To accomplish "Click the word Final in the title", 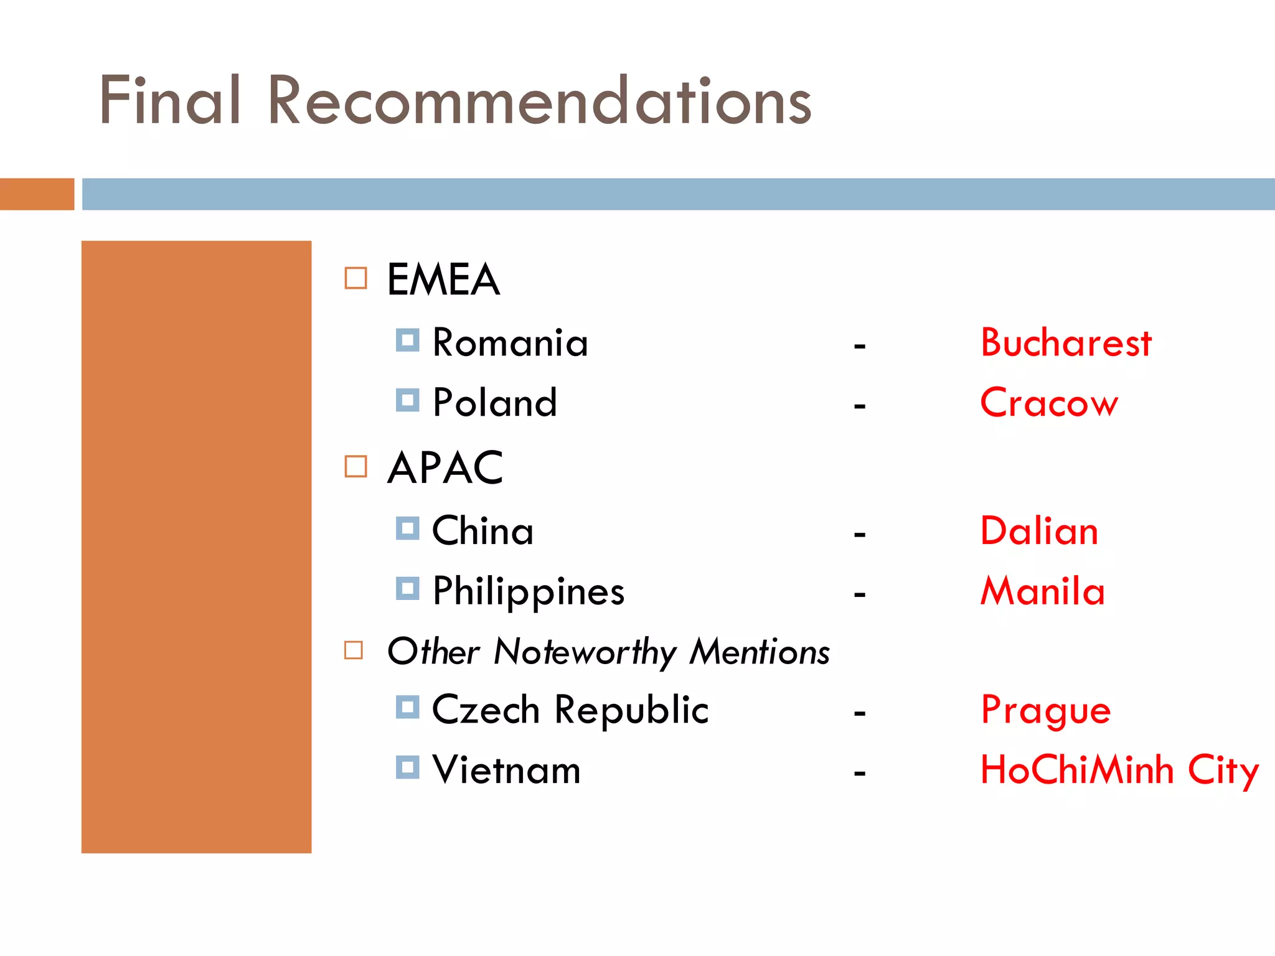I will point(170,100).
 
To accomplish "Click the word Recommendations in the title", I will point(539,100).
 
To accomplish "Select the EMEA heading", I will point(443,279).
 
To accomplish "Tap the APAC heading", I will point(445,467).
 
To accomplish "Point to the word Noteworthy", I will point(585,652).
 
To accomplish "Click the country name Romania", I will point(510,343).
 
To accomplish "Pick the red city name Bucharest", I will point(1066,343).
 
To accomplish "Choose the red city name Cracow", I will point(1049,403).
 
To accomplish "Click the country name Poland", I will point(495,403).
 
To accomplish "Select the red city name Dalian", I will point(1039,532).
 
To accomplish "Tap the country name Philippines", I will point(529,592).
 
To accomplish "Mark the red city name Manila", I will point(1043,591).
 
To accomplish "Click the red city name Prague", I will point(1045,711).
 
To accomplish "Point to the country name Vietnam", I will point(506,770).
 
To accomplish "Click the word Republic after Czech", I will point(631,710).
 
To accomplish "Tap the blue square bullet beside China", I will point(407,528).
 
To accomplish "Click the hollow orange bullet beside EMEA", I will point(355,278).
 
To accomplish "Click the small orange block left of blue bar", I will point(37,194).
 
